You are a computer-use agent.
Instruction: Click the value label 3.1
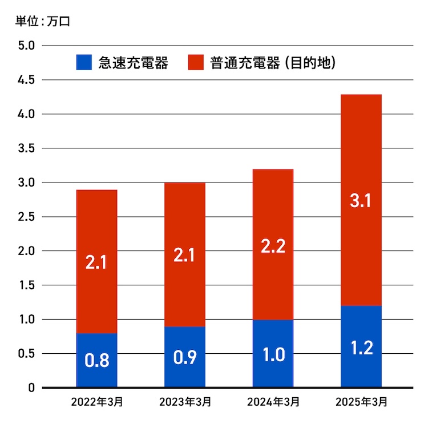pos(361,201)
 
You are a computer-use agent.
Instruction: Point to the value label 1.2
pos(361,348)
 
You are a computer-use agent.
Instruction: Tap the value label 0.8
pos(96,361)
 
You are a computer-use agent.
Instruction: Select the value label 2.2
pos(273,247)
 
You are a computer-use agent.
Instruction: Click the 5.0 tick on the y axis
pos(26,46)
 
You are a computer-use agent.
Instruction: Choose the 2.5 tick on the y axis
pos(26,217)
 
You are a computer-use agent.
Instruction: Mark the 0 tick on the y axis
pos(32,388)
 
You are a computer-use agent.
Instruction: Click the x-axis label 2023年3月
pos(184,402)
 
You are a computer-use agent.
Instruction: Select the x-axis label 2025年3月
pos(361,402)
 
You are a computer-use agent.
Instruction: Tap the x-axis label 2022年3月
pos(96,402)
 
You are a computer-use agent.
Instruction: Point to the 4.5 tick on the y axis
pos(26,80)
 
